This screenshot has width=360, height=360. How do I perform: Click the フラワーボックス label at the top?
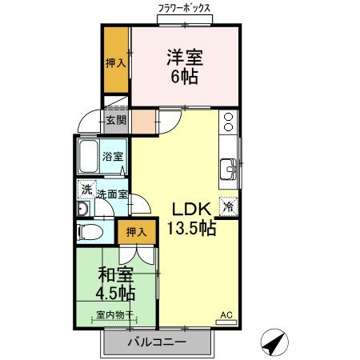click(x=184, y=9)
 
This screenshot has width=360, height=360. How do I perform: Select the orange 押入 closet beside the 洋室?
click(x=117, y=62)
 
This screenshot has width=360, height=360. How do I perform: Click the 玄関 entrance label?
click(x=116, y=121)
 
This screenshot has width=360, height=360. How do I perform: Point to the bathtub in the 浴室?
click(x=90, y=157)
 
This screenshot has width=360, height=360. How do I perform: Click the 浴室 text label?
click(x=114, y=157)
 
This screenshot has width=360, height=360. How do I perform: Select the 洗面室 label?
click(x=112, y=194)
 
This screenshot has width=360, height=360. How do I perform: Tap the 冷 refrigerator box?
click(x=228, y=206)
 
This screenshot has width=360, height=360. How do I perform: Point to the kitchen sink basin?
click(x=229, y=170)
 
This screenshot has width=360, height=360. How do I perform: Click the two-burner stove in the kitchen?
click(x=229, y=122)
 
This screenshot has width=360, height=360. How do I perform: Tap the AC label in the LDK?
click(x=226, y=316)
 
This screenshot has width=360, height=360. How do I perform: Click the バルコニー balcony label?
click(x=157, y=342)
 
